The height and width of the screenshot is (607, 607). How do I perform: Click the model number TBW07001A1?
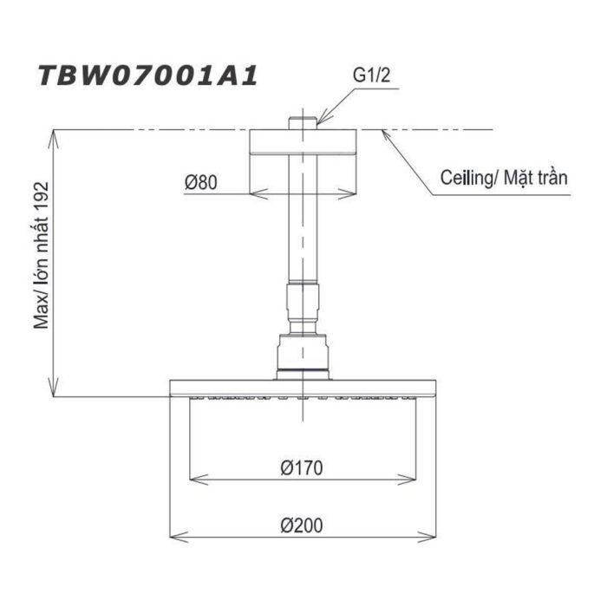[147, 76]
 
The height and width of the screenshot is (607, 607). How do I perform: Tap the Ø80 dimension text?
[200, 182]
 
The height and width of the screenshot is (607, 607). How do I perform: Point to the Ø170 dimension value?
[302, 468]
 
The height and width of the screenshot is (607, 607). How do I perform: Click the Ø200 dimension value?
[302, 525]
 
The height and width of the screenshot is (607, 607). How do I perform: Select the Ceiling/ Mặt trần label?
[504, 179]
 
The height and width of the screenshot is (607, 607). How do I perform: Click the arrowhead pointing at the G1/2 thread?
[320, 122]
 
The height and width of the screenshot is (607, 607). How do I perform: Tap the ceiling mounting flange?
[303, 143]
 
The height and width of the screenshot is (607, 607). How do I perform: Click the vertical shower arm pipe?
[303, 225]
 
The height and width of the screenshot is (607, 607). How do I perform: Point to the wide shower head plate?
[303, 388]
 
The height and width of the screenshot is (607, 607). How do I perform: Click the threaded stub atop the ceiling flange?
[303, 121]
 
